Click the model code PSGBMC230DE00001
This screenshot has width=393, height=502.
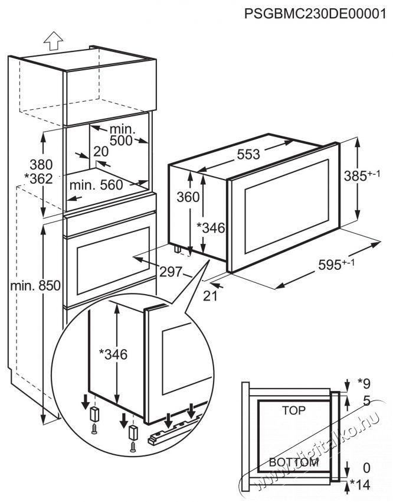pos(315,14)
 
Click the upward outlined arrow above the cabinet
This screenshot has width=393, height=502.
pos(53,41)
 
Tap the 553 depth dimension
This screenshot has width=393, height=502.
pos(248,154)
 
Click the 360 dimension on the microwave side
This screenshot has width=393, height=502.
pos(188,197)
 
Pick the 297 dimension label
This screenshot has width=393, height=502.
pos(171,272)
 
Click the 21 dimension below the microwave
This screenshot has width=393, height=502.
pos(210,296)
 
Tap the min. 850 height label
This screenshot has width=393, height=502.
pos(35,286)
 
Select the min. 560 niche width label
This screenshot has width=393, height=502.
pos(96,185)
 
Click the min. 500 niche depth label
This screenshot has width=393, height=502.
pos(121,135)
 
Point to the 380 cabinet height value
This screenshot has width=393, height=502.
pos(41,165)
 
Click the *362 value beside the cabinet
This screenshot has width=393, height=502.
pos(38,178)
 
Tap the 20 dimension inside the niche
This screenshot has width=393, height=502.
pos(101,151)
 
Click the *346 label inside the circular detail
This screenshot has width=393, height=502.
pos(113,354)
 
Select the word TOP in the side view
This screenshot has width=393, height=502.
pos(294,410)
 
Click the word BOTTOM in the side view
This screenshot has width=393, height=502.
pos(293,462)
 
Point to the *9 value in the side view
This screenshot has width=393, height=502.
pos(363,383)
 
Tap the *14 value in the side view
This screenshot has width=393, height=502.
pos(360,485)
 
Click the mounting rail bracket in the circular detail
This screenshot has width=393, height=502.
pos(175,430)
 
